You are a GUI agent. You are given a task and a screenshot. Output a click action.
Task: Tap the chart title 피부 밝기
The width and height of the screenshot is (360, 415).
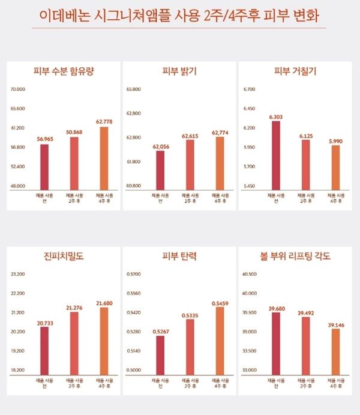pyautogui.click(x=179, y=72)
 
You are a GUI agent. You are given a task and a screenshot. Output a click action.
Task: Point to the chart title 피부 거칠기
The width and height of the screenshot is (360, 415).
pyautogui.click(x=295, y=72)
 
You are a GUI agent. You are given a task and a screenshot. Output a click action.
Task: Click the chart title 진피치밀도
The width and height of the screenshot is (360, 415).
pyautogui.click(x=64, y=257)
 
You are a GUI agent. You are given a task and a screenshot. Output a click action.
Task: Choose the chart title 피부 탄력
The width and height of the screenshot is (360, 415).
pyautogui.click(x=179, y=257)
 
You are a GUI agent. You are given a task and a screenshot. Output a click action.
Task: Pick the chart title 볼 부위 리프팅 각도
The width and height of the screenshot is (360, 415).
pyautogui.click(x=295, y=257)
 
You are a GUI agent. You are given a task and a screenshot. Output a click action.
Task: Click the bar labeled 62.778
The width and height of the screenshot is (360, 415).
pyautogui.click(x=104, y=159)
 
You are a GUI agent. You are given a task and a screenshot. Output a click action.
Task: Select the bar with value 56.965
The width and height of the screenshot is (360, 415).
pyautogui.click(x=44, y=167)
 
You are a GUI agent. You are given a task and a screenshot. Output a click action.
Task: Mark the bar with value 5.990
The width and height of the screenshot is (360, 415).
pyautogui.click(x=335, y=168)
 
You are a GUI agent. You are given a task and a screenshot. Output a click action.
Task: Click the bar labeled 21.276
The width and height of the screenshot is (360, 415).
pyautogui.click(x=74, y=342)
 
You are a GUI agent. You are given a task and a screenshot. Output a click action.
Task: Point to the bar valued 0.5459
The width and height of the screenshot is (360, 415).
pyautogui.click(x=220, y=339)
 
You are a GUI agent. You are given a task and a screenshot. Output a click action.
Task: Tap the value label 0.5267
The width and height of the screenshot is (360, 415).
pyautogui.click(x=160, y=331)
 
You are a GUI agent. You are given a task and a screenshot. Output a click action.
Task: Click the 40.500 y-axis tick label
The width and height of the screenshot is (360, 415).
pyautogui.click(x=249, y=274)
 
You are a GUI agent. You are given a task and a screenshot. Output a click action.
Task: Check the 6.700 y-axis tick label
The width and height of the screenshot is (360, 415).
pyautogui.click(x=250, y=89)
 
